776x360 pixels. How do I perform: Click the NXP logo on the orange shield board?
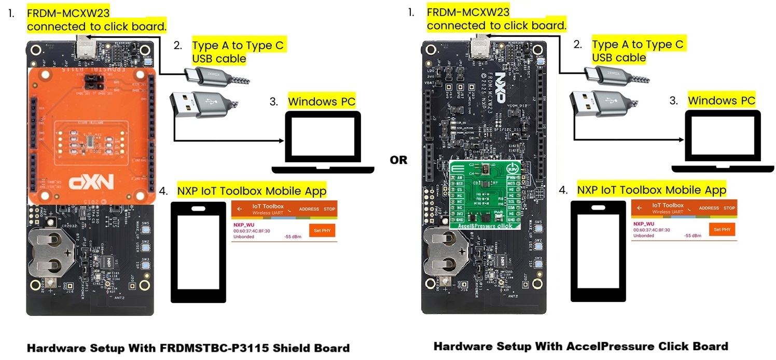click(x=91, y=183)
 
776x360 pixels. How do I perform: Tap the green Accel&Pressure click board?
click(x=487, y=195)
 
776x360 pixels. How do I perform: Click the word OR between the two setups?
click(x=399, y=160)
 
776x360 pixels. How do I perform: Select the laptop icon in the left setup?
click(x=323, y=142)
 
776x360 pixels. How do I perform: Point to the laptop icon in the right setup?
click(x=723, y=142)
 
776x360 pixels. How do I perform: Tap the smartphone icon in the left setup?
click(x=198, y=252)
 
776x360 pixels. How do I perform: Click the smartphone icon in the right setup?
click(x=598, y=252)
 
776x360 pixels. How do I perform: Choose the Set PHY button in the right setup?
click(x=722, y=229)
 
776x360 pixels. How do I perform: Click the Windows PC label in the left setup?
click(x=322, y=101)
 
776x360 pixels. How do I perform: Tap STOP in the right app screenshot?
click(x=729, y=208)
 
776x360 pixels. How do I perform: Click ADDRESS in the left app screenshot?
click(x=309, y=209)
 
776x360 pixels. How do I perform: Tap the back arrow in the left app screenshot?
click(x=240, y=209)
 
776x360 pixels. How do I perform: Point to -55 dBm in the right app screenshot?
click(x=692, y=236)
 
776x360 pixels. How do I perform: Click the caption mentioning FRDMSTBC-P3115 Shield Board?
click(x=188, y=348)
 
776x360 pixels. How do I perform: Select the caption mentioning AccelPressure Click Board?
click(x=580, y=346)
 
